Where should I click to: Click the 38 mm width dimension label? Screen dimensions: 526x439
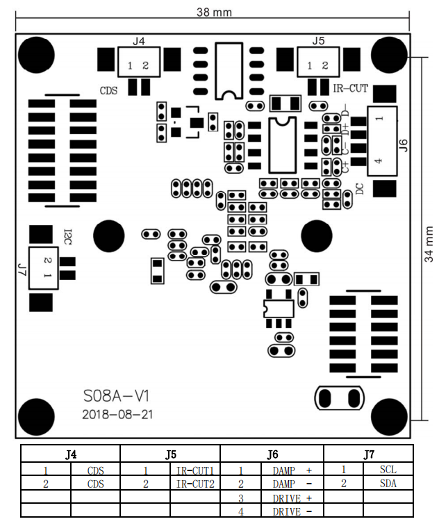pos(214,12)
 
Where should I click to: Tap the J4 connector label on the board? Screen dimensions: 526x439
pos(138,42)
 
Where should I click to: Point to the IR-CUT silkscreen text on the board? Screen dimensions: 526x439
pos(351,88)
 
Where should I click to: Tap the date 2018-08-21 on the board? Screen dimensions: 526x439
pos(117,414)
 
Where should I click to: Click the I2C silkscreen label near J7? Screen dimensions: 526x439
pos(68,236)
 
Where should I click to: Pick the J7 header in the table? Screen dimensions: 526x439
pos(368,454)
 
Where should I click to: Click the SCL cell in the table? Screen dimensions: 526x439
pos(388,470)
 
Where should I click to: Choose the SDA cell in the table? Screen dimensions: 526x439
pos(388,484)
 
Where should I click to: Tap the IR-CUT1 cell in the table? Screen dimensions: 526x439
pos(194,470)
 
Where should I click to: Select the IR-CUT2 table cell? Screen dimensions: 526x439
pos(194,484)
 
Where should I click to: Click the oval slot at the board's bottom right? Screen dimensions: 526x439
pos(340,398)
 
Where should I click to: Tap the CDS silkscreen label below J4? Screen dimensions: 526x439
pos(109,90)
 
